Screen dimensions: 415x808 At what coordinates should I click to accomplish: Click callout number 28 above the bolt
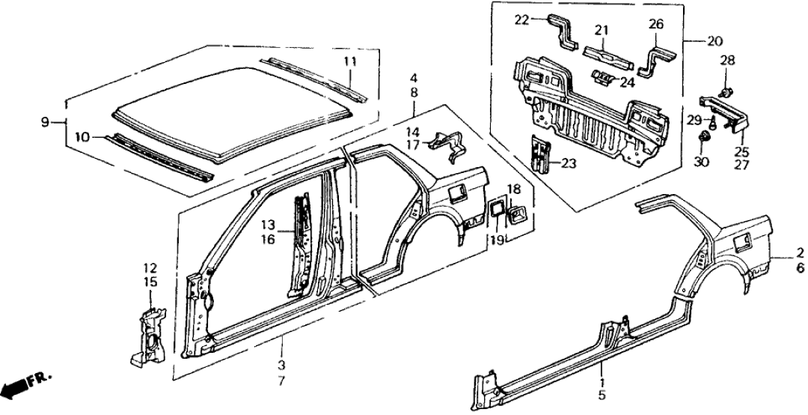pos(727,59)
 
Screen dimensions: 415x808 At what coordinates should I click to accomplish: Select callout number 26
pos(655,25)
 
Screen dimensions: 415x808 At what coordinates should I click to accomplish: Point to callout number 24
pos(627,82)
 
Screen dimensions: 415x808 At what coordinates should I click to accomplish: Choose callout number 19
pos(495,240)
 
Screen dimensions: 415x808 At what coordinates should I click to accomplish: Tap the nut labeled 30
pos(704,139)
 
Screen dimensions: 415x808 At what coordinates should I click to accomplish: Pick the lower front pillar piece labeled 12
pos(150,333)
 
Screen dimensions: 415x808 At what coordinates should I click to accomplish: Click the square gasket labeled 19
pos(495,210)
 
